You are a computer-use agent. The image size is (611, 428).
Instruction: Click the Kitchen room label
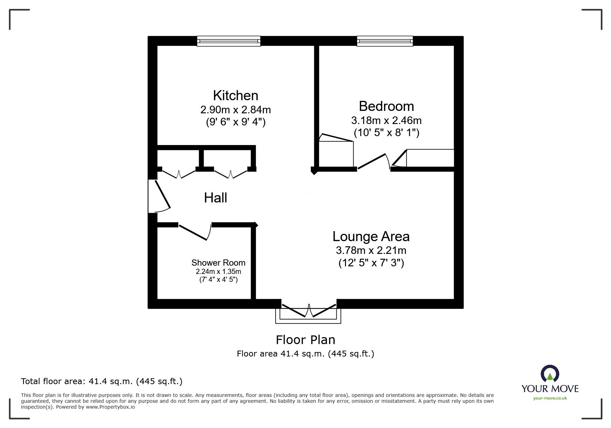[235, 95]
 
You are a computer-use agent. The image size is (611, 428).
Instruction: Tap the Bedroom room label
[386, 106]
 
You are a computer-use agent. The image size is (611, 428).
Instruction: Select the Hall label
[215, 198]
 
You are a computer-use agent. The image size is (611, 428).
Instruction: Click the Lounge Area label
[371, 236]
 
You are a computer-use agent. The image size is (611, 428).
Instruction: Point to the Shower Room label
[218, 263]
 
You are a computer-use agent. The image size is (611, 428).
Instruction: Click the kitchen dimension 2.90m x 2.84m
[235, 110]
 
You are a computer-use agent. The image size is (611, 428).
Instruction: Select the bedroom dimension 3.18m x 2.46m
[386, 121]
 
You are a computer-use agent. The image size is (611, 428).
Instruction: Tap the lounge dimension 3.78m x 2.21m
[371, 250]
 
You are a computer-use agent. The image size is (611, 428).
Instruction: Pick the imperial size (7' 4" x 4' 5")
[218, 279]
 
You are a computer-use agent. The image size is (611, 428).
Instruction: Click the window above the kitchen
[229, 41]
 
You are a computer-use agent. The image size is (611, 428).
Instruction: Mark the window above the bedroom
[385, 41]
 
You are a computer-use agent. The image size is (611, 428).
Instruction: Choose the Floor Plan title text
[305, 340]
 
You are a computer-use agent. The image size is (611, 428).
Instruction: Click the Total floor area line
[101, 381]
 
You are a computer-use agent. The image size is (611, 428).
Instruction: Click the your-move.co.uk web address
[550, 398]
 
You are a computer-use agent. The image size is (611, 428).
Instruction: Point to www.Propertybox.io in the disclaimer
[110, 407]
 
